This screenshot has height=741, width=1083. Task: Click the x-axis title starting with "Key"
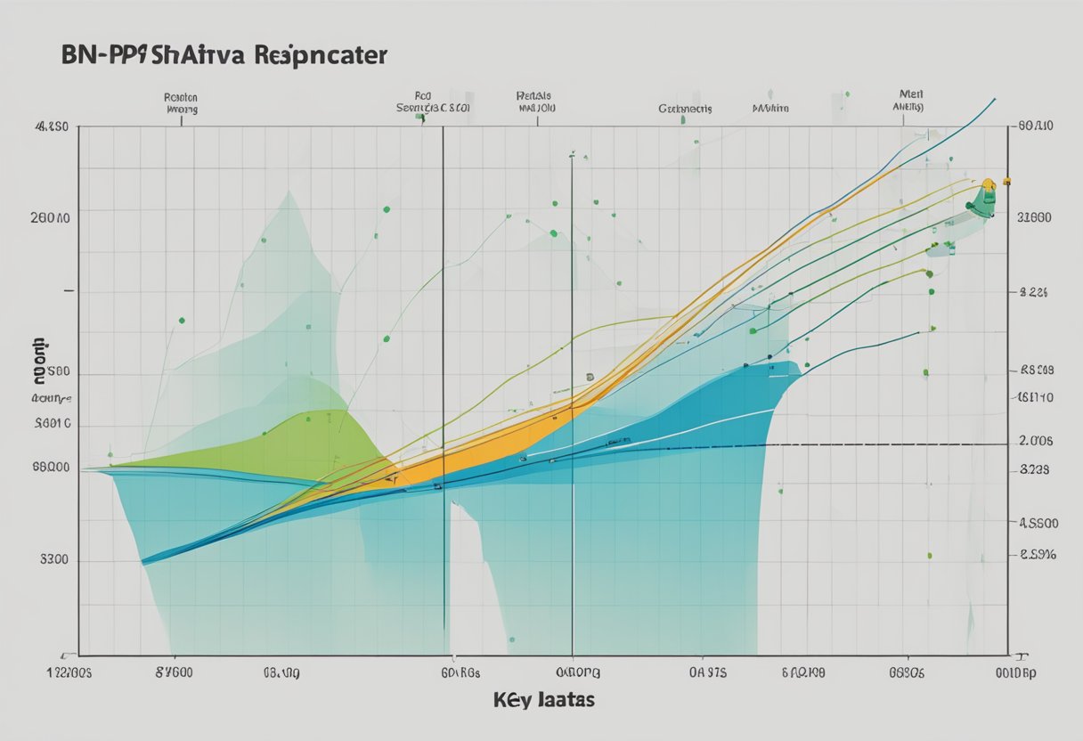(x=543, y=700)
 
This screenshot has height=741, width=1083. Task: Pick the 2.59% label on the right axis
(x=1037, y=554)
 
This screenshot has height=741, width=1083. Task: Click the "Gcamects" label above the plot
(x=685, y=109)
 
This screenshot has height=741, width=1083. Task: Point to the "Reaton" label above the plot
(x=181, y=97)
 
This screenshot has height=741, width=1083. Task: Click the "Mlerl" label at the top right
(x=908, y=93)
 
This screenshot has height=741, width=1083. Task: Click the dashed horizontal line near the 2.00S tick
(x=891, y=444)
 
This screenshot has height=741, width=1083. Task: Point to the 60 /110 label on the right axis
(x=1035, y=126)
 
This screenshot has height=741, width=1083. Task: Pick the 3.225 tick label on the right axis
(x=1034, y=291)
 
